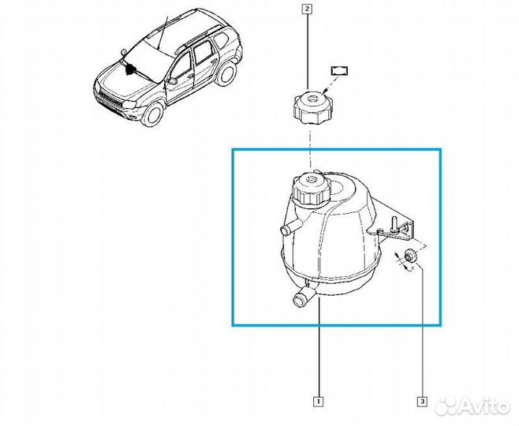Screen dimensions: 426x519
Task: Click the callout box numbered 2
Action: (306, 9)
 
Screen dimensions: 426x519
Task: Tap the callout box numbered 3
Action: (422, 402)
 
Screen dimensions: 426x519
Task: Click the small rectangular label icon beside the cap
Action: (340, 70)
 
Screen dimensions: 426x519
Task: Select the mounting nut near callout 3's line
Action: (410, 255)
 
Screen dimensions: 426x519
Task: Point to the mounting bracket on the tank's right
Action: (398, 226)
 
